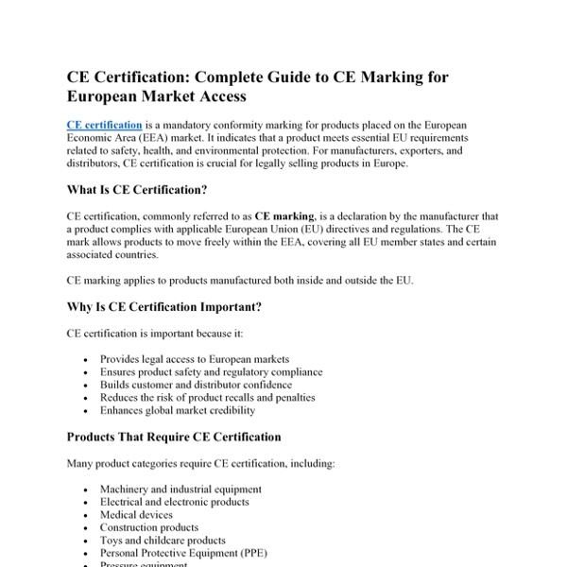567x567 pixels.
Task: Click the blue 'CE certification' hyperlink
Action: [105, 125]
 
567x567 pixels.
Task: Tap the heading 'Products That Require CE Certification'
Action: [173, 437]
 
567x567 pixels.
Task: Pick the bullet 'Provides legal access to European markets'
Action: [194, 360]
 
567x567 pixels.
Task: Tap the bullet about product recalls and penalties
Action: [207, 398]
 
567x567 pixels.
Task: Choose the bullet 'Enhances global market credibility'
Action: [177, 411]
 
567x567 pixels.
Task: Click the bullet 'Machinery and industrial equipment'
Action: [180, 490]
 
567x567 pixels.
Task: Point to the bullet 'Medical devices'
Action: [136, 515]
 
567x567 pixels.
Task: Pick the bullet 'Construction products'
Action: [149, 527]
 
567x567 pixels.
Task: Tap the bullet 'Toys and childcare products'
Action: [163, 541]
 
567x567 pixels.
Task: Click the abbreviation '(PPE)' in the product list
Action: [272, 553]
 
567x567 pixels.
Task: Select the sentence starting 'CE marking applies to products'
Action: [240, 281]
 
